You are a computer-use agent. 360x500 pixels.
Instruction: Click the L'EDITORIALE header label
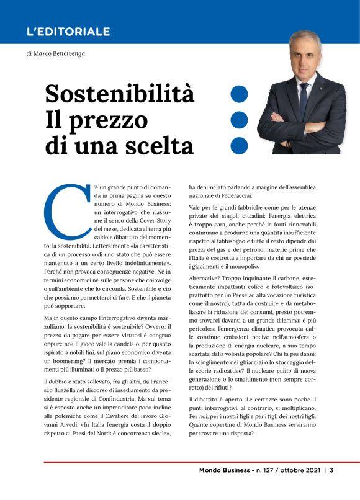pos(69,32)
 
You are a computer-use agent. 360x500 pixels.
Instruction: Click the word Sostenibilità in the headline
pos(120,94)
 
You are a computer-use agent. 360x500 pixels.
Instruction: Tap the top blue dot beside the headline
pos(239,94)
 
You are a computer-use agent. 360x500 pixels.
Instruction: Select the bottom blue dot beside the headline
pos(239,145)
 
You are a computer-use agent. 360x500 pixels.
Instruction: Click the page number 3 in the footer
pos(332,487)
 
